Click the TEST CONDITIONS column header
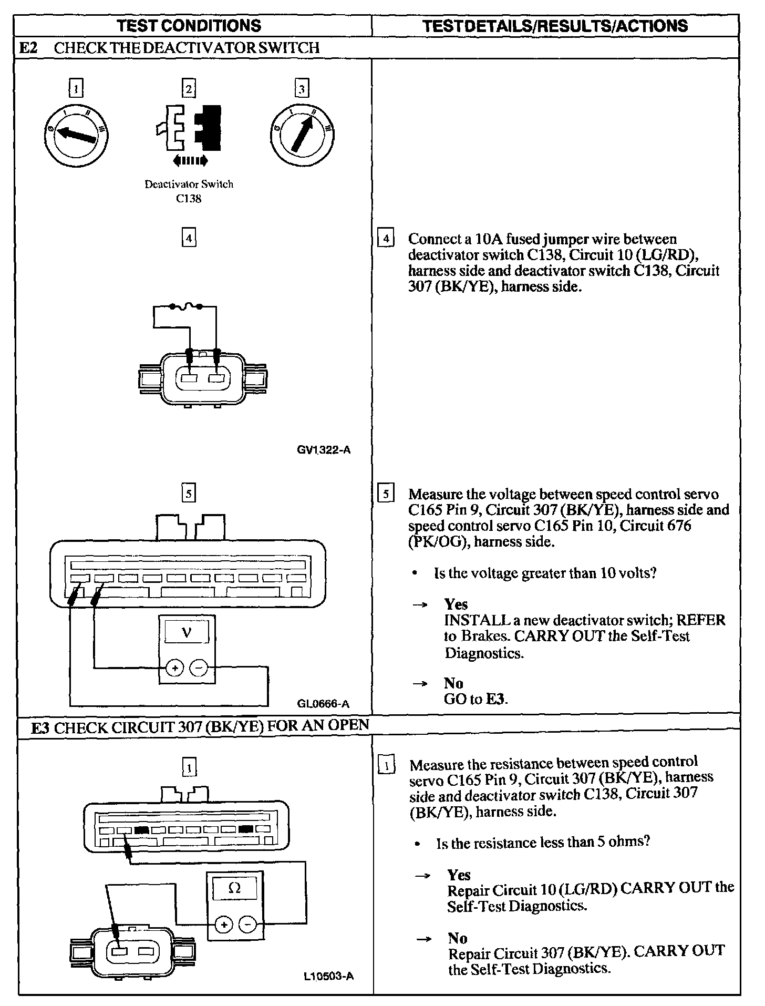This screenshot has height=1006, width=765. coord(189,25)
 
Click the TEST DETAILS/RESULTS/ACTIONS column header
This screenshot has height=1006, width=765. coord(555,26)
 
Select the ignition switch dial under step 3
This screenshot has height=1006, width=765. coord(302,135)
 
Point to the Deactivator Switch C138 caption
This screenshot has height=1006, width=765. coord(189,191)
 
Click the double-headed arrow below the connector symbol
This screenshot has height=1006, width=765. coord(190,160)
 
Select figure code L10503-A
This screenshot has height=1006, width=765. coord(328,977)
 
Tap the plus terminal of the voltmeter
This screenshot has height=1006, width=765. coord(174,669)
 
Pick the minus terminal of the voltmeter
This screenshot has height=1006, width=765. coord(199,669)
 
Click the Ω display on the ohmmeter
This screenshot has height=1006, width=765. coord(235,889)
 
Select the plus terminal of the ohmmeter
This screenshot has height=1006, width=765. coord(223,925)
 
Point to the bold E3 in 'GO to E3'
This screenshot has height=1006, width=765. coord(496,699)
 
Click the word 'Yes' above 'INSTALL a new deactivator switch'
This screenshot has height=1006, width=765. coord(456,604)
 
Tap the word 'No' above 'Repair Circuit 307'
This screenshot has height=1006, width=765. coord(458,938)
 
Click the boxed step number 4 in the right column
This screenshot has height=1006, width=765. coord(386,239)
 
